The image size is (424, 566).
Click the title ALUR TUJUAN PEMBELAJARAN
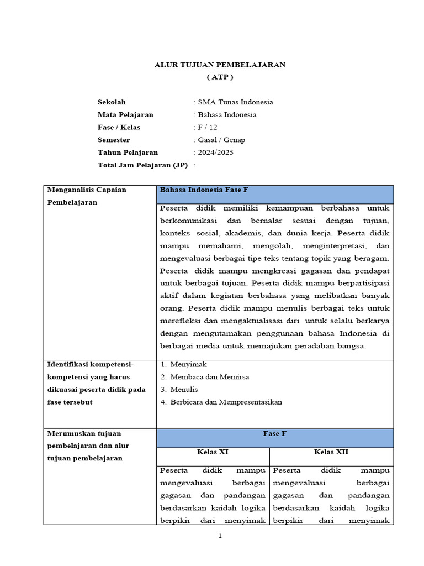(220, 65)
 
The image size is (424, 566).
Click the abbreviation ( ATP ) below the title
(220, 77)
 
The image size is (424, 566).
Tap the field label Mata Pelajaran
(125, 115)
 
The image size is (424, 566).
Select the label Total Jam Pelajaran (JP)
(142, 165)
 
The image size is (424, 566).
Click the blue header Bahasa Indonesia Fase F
(204, 190)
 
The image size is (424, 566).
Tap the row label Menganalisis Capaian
(87, 190)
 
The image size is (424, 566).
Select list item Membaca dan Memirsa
(210, 377)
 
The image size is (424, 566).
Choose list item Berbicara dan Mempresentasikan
(226, 402)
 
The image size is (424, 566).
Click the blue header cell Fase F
(274, 434)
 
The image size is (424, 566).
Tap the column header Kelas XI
(213, 452)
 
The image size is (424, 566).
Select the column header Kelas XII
(331, 452)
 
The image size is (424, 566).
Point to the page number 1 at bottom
(219, 536)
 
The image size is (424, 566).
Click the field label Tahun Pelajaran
(128, 153)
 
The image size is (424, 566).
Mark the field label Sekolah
(112, 102)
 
